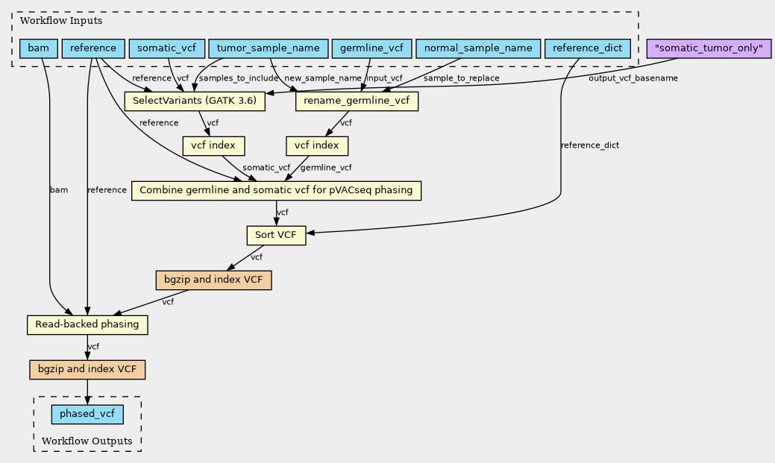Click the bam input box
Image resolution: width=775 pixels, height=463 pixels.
click(39, 48)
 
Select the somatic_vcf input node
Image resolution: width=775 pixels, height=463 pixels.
click(166, 48)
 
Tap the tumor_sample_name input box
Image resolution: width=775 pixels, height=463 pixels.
click(269, 48)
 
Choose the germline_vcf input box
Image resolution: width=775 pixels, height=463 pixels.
click(371, 48)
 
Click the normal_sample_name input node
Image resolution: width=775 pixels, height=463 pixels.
click(478, 48)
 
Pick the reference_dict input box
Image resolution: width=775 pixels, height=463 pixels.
click(587, 48)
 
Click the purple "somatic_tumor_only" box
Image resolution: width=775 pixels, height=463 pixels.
click(709, 48)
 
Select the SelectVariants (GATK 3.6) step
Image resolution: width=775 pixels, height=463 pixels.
click(195, 101)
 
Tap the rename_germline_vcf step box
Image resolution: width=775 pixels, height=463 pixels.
click(357, 101)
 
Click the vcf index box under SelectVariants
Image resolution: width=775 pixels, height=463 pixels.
click(213, 146)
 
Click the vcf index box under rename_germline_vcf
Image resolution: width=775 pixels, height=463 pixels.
click(317, 146)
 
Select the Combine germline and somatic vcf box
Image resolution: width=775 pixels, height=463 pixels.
click(276, 191)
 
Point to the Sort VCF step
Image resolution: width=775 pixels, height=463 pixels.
click(276, 235)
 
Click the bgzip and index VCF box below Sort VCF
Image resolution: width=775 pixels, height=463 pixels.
click(213, 280)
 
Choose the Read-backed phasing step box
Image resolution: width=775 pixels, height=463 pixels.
click(87, 324)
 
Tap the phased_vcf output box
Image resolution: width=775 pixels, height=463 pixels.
click(87, 414)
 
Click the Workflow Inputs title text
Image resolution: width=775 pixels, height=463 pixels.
click(61, 21)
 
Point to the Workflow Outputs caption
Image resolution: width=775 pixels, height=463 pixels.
click(87, 441)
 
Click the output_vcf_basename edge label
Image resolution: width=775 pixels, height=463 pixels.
click(633, 78)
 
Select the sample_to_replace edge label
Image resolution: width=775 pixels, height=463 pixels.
click(461, 78)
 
